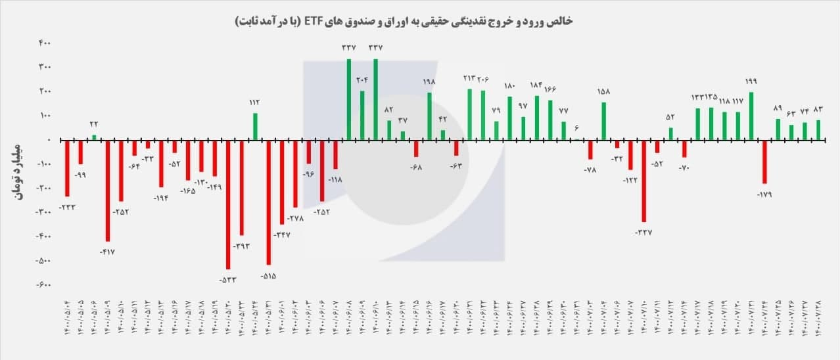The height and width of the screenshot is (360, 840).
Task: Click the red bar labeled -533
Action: [x=228, y=204]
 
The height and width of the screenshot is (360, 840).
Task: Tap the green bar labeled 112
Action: [x=255, y=126]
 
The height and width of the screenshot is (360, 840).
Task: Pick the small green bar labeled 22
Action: [x=94, y=137]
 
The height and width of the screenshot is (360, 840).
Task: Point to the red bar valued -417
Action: [x=107, y=191]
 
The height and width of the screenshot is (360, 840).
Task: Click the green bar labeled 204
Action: [x=362, y=115]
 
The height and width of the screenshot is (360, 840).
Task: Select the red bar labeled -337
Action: [x=643, y=181]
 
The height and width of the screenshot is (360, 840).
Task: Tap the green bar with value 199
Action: [x=751, y=116]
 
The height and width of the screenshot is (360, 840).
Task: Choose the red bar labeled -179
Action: [x=764, y=162]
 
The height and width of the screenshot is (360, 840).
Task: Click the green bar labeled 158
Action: [x=603, y=121]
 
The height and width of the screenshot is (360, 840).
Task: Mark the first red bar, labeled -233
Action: [x=67, y=168]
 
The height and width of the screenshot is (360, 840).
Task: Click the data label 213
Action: [x=469, y=78]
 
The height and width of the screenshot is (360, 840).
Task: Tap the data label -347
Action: [x=283, y=235]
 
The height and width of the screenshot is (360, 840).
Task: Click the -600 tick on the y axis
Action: [x=44, y=284]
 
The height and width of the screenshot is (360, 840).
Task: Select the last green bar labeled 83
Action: [x=818, y=129]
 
